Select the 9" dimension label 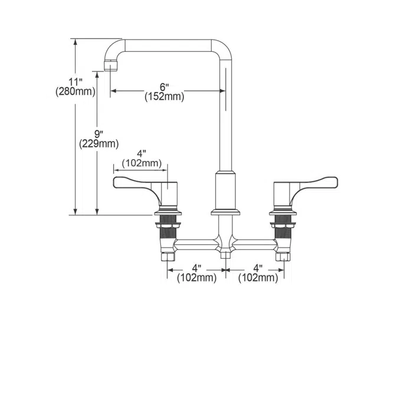pyautogui.click(x=98, y=133)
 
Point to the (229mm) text pyautogui.click(x=98, y=143)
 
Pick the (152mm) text pyautogui.click(x=164, y=97)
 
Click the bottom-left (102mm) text pyautogui.click(x=196, y=277)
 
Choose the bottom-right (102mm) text pyautogui.click(x=258, y=277)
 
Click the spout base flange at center pyautogui.click(x=225, y=210)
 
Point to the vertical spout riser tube pyautogui.click(x=225, y=118)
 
